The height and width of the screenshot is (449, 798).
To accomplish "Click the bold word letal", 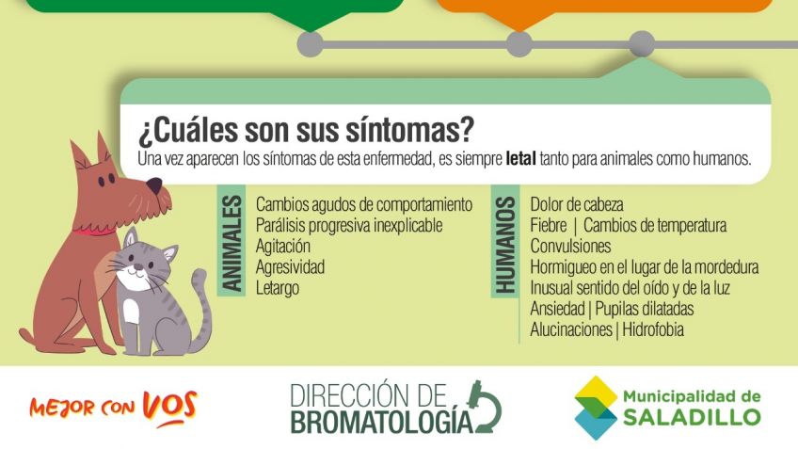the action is pyautogui.click(x=520, y=159).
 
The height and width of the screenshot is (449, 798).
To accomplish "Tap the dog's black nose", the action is pyautogui.click(x=154, y=185).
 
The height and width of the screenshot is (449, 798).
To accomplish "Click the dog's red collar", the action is pyautogui.click(x=94, y=232).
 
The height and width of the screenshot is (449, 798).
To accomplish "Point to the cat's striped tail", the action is pyautogui.click(x=200, y=312).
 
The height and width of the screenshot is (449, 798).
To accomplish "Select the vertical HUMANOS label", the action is pyautogui.click(x=505, y=246).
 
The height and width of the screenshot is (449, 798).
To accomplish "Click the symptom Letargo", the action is pyautogui.click(x=278, y=288).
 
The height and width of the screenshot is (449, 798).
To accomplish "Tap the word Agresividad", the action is pyautogui.click(x=290, y=266).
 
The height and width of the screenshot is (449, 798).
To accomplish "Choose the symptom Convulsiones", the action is pyautogui.click(x=570, y=247).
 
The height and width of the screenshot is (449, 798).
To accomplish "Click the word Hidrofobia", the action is pyautogui.click(x=653, y=329).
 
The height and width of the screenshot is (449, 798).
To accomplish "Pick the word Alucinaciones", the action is pyautogui.click(x=570, y=329).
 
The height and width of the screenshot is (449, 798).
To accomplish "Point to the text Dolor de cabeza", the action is pyautogui.click(x=577, y=204).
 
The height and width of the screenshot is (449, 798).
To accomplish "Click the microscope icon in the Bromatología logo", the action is pyautogui.click(x=485, y=407).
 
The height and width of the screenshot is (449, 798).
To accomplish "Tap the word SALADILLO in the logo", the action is pyautogui.click(x=693, y=417).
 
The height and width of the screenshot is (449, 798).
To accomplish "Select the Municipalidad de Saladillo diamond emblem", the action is pyautogui.click(x=595, y=408).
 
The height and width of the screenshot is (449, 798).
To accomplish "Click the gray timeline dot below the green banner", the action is pyautogui.click(x=310, y=44).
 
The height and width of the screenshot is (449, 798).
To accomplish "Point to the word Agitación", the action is pyautogui.click(x=283, y=247).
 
